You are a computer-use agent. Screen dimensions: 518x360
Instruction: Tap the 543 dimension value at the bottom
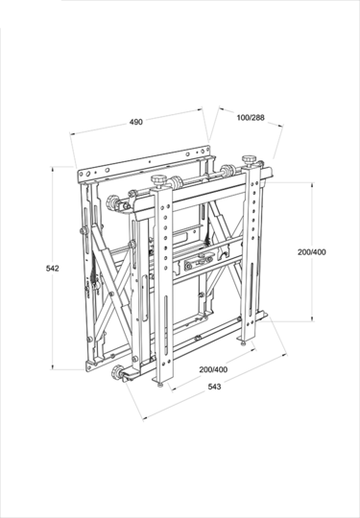point(214,387)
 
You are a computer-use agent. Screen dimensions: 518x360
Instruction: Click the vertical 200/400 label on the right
point(312,252)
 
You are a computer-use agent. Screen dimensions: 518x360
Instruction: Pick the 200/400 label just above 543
point(213,369)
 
